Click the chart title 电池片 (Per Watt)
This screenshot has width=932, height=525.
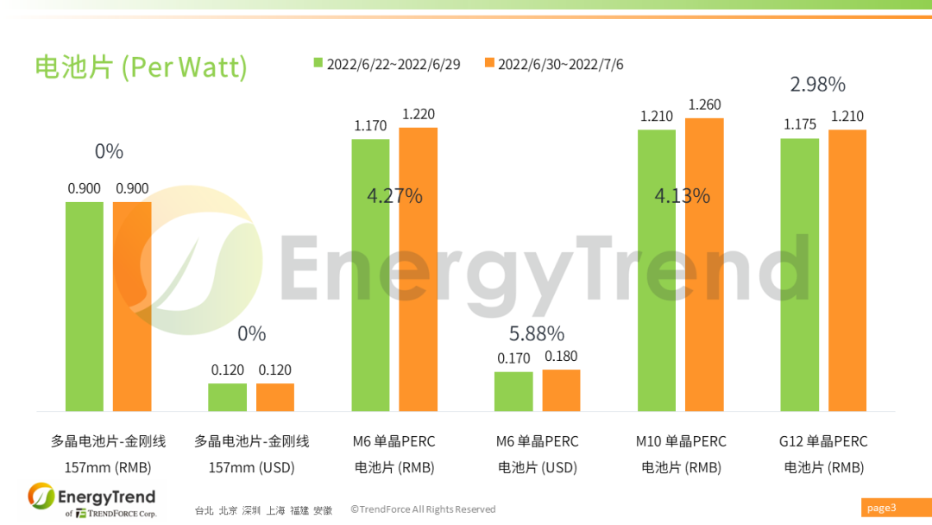[x=141, y=66]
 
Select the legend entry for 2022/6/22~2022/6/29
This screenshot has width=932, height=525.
[x=386, y=64]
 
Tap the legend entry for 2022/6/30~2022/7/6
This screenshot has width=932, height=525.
[x=554, y=64]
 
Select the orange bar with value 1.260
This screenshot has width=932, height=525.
[x=704, y=264]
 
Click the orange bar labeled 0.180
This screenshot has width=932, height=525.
[x=561, y=390]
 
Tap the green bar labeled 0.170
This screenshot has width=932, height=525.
[x=513, y=391]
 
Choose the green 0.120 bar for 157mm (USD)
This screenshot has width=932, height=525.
[x=227, y=397]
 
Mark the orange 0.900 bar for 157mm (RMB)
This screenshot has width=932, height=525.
[x=132, y=307]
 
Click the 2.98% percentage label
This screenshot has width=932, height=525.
[x=817, y=85]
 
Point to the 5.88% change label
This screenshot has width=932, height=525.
[x=537, y=333]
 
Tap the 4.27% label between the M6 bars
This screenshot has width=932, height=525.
[x=394, y=196]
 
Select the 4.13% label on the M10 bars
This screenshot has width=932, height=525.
[x=682, y=196]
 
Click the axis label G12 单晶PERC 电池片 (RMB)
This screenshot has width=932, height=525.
[x=823, y=454]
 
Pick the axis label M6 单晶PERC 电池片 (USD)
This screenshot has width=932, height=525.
[x=537, y=454]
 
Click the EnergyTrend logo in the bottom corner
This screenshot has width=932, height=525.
[x=91, y=500]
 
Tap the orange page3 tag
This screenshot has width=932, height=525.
[x=881, y=508]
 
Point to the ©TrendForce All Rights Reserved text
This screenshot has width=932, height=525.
[x=423, y=509]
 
